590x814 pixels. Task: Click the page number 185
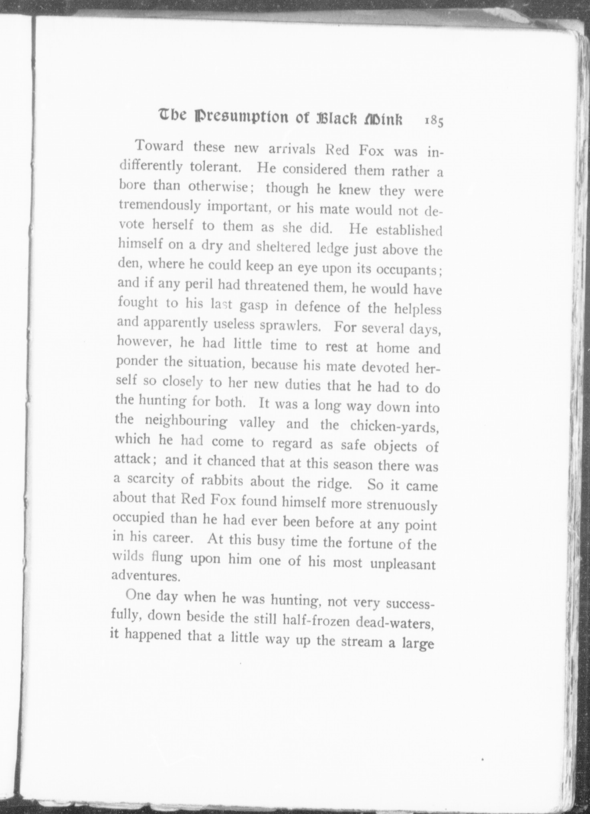click(x=434, y=121)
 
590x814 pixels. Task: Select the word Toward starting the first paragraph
click(x=160, y=146)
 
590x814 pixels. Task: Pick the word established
click(x=408, y=230)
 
